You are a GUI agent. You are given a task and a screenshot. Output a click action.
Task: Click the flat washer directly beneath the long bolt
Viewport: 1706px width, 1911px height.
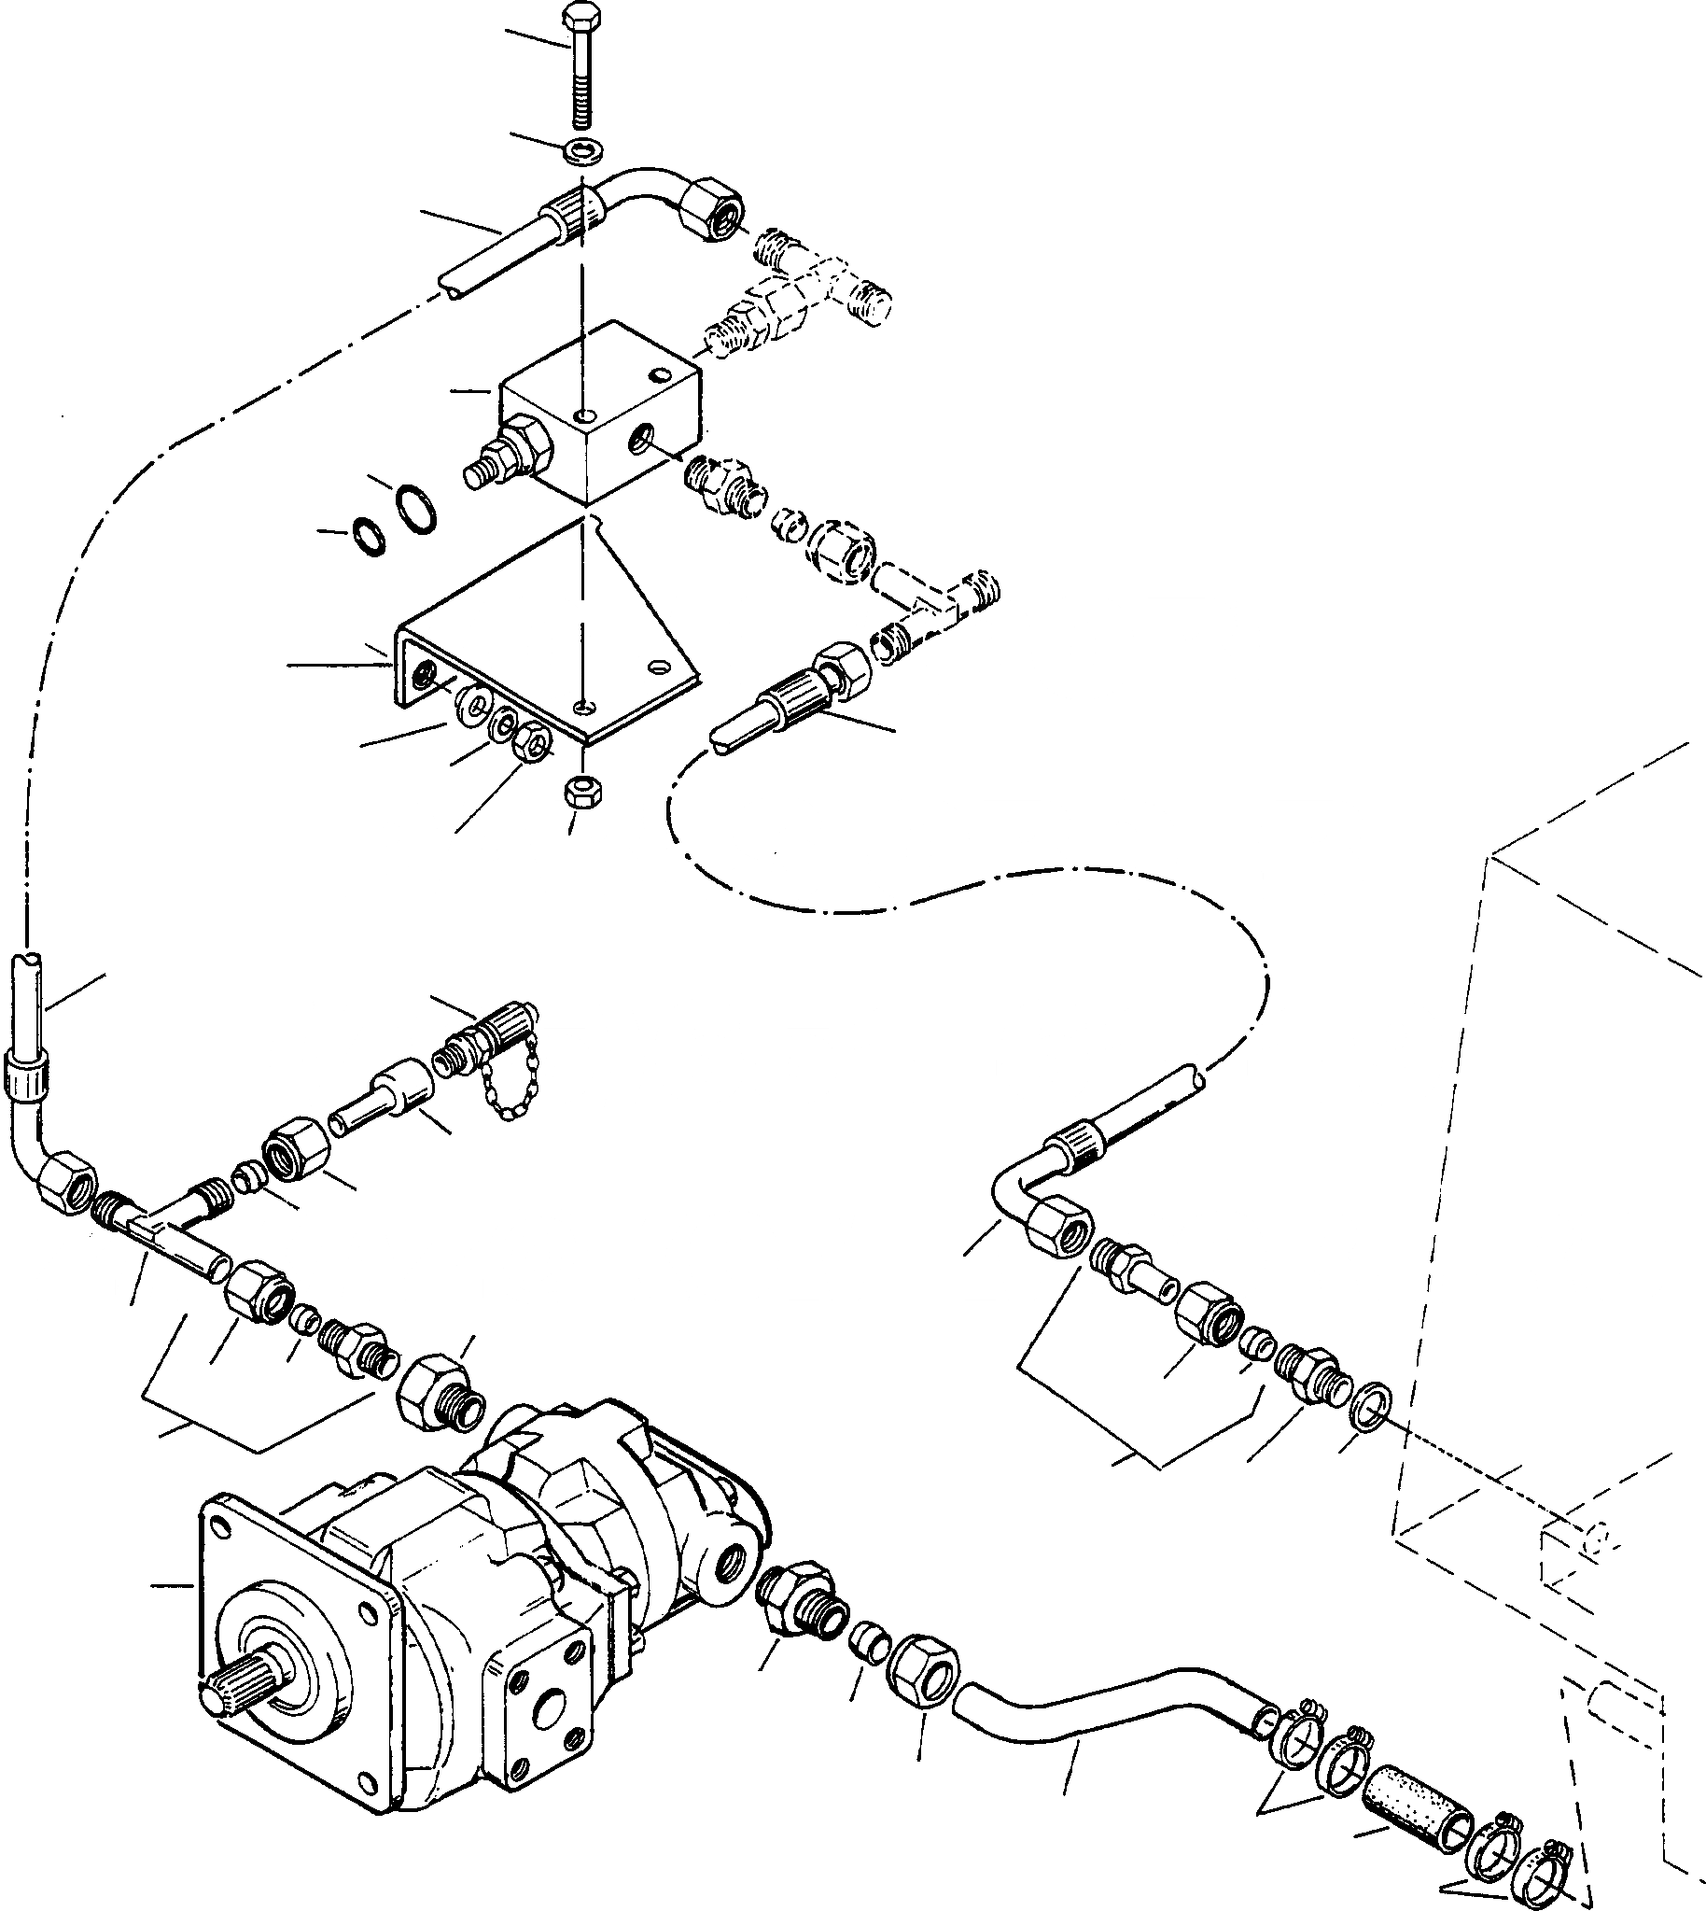585,149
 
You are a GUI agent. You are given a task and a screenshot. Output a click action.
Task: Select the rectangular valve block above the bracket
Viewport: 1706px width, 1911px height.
600,413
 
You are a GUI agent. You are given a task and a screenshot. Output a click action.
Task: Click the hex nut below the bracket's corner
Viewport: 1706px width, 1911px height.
583,790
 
